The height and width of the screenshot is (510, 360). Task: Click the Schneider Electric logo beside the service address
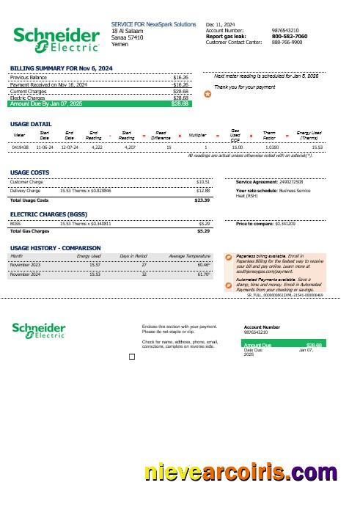(56, 39)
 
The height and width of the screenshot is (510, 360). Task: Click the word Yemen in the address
(119, 43)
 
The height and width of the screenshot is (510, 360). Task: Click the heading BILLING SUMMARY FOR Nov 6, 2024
(62, 68)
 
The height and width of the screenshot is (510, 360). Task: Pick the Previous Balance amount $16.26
(180, 76)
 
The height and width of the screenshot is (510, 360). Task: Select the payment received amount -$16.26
(180, 84)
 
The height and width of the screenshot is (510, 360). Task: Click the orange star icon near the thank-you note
(206, 95)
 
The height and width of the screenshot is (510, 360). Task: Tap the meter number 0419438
(21, 147)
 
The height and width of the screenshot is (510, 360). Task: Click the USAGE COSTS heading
(29, 172)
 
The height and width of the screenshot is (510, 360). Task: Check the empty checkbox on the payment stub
(132, 356)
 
